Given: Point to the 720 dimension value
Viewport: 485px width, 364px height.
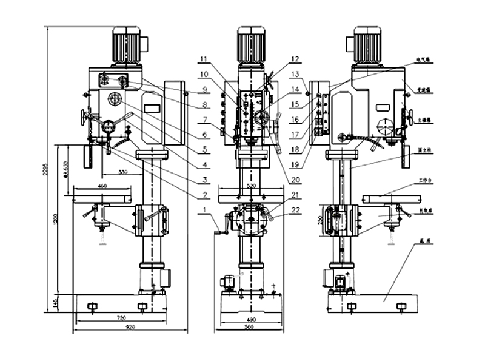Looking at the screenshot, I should coord(120,317).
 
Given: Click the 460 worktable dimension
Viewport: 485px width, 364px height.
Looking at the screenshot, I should coord(102,185).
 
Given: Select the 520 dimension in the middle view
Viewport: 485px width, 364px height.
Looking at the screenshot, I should coord(250,183).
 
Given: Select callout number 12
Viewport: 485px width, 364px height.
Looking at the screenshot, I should coord(295,59).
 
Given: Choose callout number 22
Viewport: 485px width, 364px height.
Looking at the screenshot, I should coord(295,210).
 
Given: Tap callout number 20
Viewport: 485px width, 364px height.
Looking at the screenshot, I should coord(295,179).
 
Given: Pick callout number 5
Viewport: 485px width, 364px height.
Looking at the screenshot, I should coord(206,149).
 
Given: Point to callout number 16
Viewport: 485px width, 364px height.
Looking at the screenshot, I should coord(295,119).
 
